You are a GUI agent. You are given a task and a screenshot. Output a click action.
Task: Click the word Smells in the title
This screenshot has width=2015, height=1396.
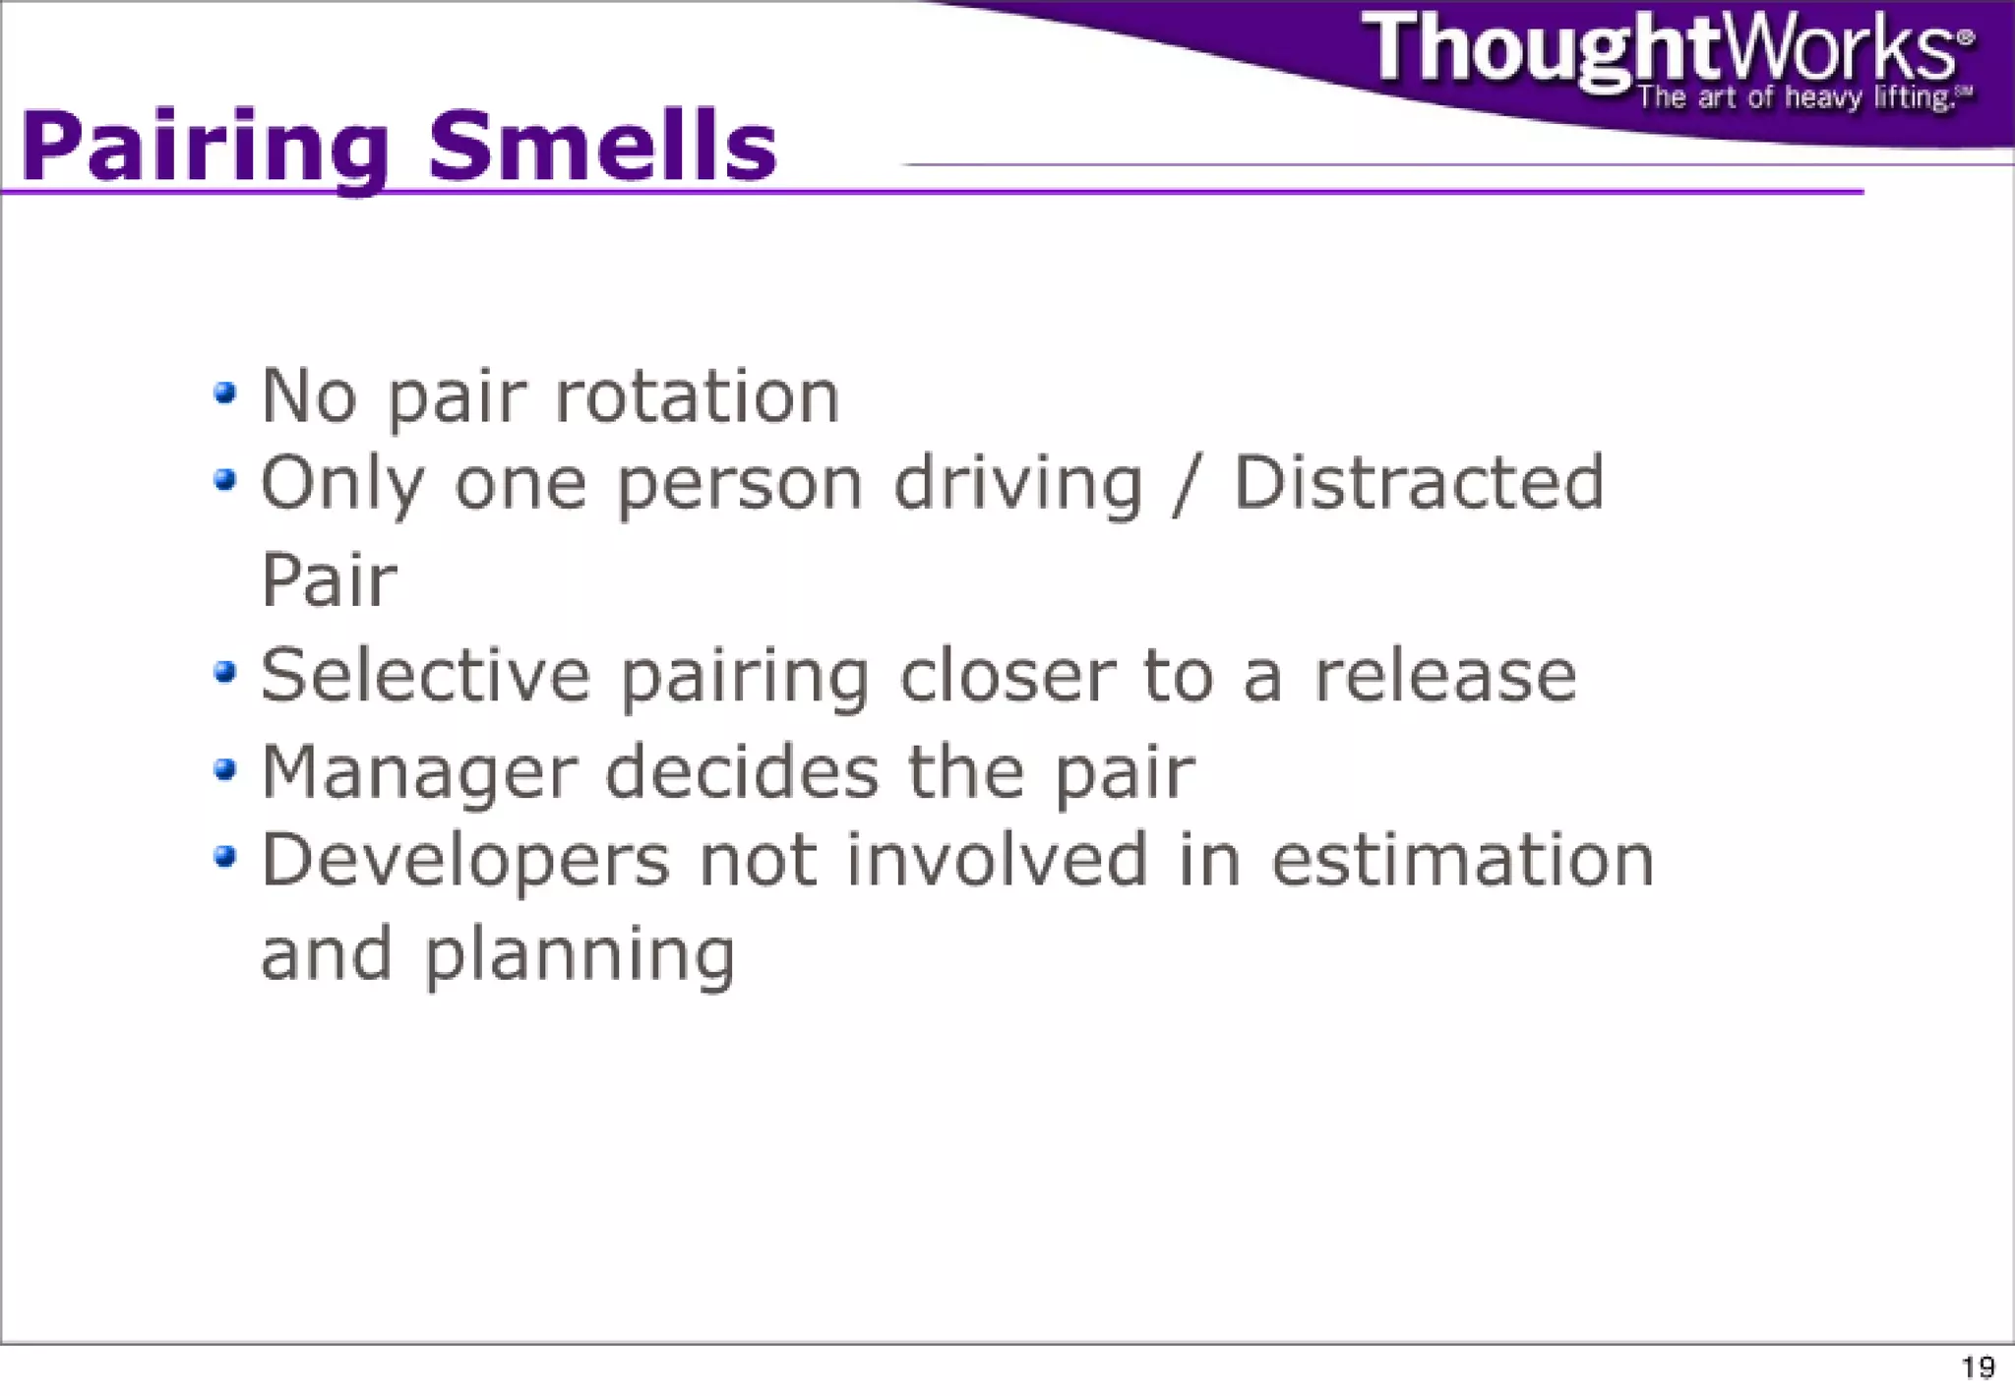point(602,146)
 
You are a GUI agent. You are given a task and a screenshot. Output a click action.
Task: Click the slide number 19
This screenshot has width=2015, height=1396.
point(1978,1367)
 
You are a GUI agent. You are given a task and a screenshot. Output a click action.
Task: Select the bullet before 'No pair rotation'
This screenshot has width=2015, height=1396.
point(225,394)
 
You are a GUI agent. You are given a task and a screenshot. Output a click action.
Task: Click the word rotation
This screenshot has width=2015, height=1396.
point(698,396)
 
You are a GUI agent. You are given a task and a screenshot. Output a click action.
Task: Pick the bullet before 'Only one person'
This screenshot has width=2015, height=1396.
point(225,480)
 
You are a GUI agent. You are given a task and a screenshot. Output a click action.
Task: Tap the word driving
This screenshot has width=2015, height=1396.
point(1018,485)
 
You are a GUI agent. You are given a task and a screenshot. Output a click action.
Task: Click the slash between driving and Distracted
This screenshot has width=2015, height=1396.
point(1188,484)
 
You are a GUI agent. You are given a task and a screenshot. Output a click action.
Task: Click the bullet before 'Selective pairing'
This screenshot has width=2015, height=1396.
point(225,672)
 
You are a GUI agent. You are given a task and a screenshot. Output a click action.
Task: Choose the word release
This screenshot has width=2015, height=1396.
point(1445,677)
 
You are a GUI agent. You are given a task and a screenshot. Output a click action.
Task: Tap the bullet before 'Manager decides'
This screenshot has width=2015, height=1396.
point(225,768)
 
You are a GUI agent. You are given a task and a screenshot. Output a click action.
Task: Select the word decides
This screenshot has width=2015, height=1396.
point(742,771)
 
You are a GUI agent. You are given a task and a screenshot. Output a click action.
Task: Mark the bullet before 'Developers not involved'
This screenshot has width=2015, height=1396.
point(225,856)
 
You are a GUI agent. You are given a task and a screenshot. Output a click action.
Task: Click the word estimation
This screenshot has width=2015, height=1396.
point(1462,860)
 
